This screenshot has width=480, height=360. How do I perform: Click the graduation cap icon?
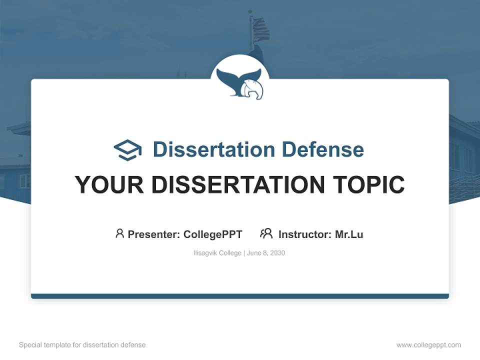(127, 150)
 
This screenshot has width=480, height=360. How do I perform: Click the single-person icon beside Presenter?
(119, 233)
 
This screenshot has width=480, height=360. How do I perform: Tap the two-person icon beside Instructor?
(266, 233)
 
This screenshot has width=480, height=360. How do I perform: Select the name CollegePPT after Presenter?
(213, 234)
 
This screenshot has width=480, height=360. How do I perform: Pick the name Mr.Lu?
(349, 234)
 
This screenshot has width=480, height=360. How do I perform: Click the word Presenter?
(154, 234)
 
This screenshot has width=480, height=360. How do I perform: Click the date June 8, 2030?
(266, 253)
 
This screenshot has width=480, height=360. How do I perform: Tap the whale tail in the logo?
(234, 80)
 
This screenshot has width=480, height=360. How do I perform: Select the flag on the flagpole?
(260, 29)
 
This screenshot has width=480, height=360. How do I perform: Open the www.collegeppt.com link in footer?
(428, 345)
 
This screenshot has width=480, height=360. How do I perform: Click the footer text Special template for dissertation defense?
(82, 345)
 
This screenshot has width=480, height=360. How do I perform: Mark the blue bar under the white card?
(240, 296)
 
